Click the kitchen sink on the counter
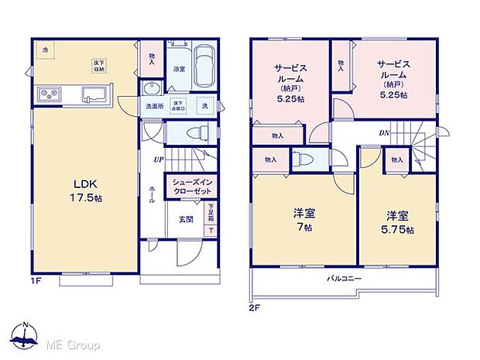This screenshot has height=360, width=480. [x=94, y=96]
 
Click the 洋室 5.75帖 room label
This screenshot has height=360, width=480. [x=399, y=223]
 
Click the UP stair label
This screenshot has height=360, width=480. [x=158, y=161]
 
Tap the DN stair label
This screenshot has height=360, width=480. [x=384, y=133]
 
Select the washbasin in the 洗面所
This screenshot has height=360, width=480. [x=151, y=87]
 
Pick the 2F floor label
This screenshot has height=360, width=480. [x=255, y=308]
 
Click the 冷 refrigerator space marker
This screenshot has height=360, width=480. [x=46, y=51]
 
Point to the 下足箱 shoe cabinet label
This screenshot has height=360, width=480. [x=211, y=211]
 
